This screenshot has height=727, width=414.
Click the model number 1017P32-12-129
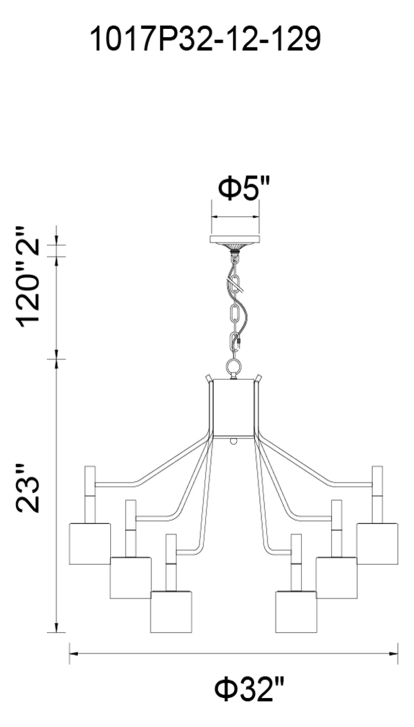point(205,39)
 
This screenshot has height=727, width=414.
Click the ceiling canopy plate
point(235,239)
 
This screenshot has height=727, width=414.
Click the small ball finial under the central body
point(233,441)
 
